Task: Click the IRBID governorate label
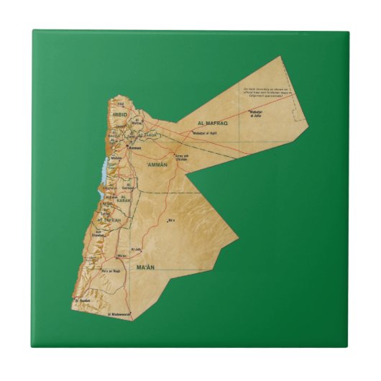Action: pos(119,113)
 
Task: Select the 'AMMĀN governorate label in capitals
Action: pos(157,165)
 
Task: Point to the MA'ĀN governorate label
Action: pos(145,267)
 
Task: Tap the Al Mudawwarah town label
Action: pos(119,314)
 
